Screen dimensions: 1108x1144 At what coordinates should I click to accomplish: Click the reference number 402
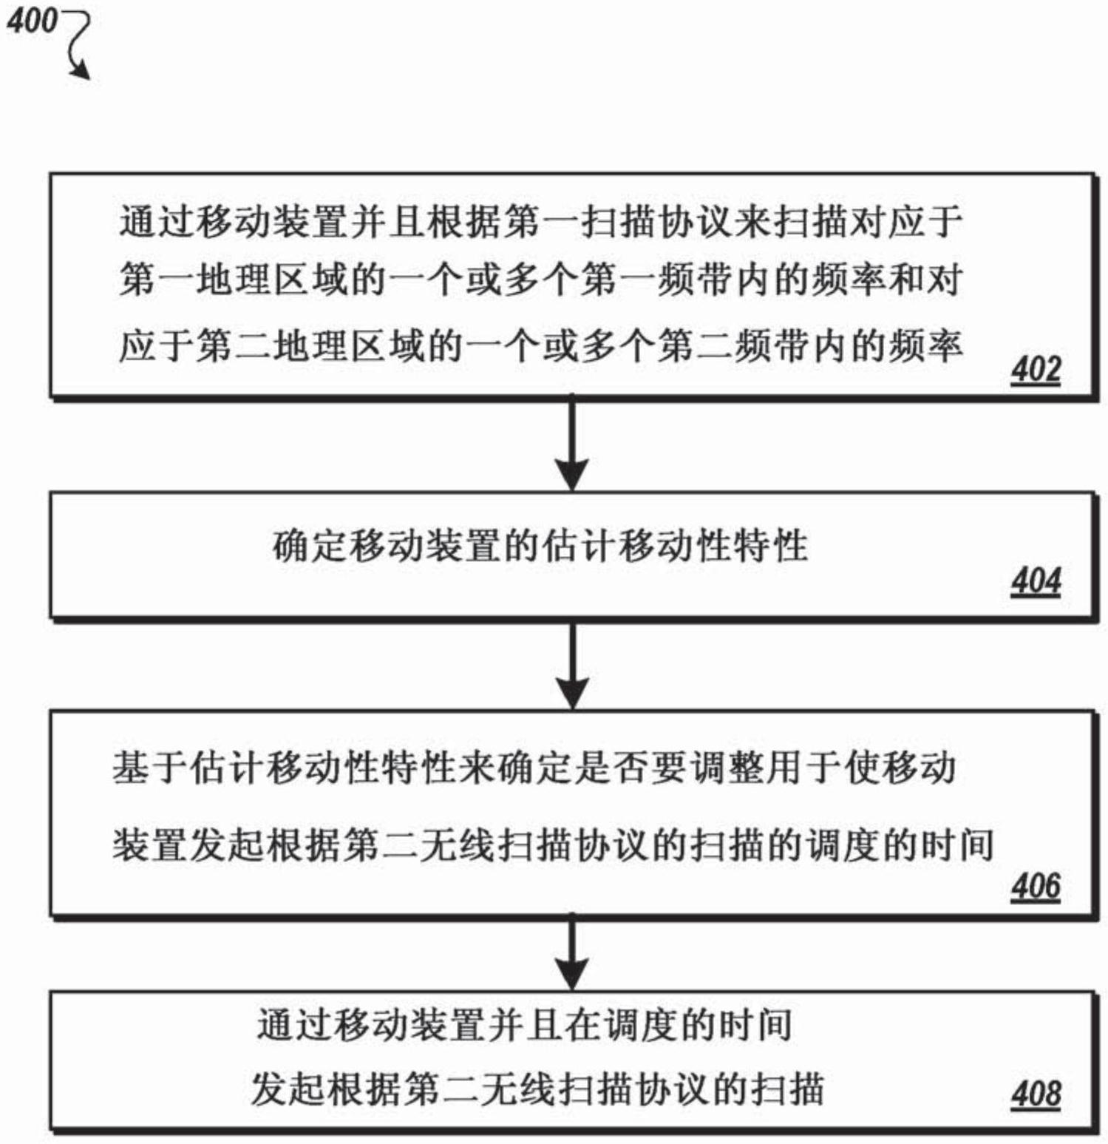click(1036, 370)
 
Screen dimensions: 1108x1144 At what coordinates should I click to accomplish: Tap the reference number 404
click(1036, 581)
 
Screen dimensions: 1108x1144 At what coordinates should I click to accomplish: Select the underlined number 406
click(1036, 886)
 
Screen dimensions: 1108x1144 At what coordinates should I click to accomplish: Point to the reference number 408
click(1036, 1094)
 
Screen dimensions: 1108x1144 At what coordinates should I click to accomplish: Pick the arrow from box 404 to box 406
click(571, 665)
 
